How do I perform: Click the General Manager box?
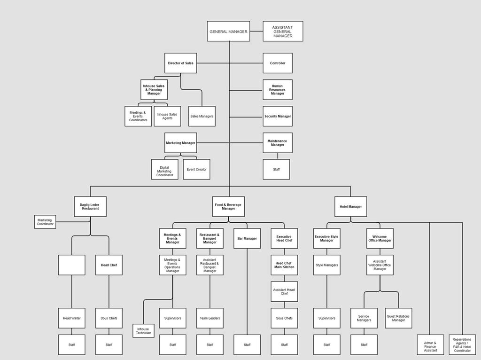tap(229, 31)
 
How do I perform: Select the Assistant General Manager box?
tap(283, 31)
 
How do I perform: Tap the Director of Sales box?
tap(181, 63)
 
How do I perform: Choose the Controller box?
tap(278, 63)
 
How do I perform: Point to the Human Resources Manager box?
tap(278, 90)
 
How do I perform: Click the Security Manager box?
tap(278, 116)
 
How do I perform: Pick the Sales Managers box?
tap(202, 116)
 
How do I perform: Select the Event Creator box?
tap(197, 169)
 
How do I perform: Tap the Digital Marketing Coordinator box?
tap(165, 169)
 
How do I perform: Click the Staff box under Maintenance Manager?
tap(276, 169)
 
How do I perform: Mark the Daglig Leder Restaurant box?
tap(90, 206)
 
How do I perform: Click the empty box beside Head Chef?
tap(72, 265)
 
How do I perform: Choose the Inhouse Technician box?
tap(144, 331)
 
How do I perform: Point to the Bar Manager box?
tap(247, 238)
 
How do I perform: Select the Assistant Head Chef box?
tap(284, 291)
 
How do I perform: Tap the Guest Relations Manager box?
tap(398, 318)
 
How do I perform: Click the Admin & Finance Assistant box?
tap(430, 344)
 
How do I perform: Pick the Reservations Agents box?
tap(462, 344)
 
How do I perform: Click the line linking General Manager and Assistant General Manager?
tap(256, 31)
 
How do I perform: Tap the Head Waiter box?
tap(72, 318)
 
